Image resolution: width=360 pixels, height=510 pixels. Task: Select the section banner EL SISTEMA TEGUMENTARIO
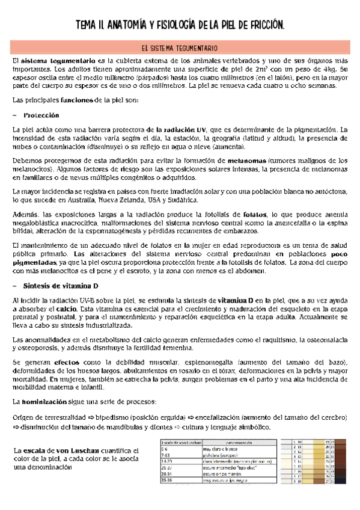(180, 47)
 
